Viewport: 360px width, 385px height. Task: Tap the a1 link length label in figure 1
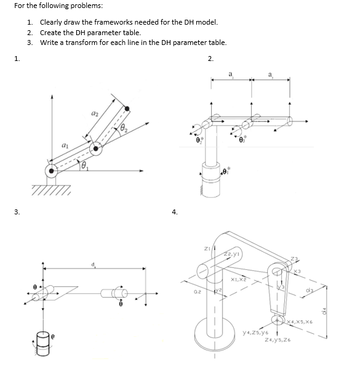pos(65,145)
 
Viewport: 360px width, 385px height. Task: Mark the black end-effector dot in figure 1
pos(127,109)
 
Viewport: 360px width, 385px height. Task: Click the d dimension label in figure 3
pos(95,265)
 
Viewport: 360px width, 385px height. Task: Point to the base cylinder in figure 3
pos(42,338)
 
